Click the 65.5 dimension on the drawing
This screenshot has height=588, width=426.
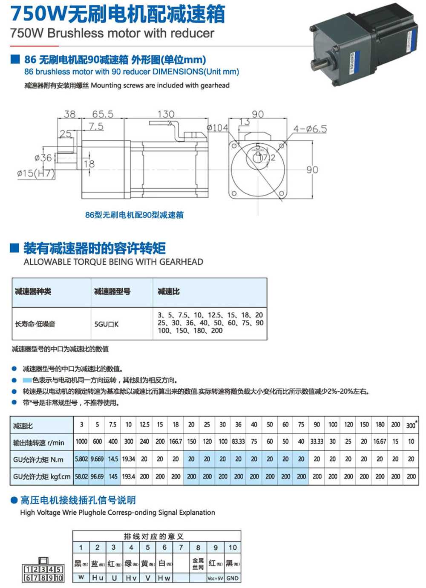103,114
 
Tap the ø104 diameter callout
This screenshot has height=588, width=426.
217,128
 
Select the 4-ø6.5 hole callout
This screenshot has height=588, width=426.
310,129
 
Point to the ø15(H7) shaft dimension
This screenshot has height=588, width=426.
36,173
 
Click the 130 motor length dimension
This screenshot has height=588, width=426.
166,114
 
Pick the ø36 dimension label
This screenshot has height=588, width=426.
43,158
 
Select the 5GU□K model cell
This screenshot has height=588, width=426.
106,324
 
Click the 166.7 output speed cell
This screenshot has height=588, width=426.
176,441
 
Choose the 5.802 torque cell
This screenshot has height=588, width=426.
81,459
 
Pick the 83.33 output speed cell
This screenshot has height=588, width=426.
238,441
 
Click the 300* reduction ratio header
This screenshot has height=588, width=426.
411,425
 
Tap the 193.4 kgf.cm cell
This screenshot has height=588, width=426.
129,476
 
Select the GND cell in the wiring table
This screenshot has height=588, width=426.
233,578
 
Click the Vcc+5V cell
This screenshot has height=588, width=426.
215,578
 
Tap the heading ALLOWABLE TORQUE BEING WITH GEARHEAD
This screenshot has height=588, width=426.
113,262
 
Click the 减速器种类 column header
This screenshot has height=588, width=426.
33,291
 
